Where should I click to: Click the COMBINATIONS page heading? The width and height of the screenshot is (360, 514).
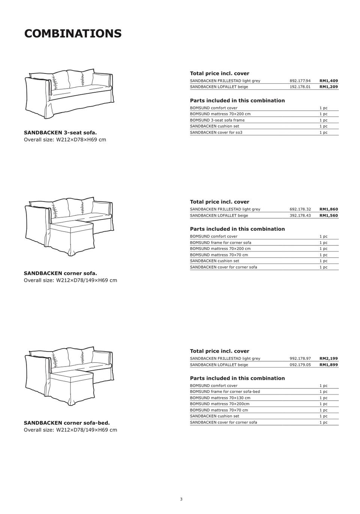(73, 33)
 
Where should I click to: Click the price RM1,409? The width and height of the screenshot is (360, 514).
(328, 81)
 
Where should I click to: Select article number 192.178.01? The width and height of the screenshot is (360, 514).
(300, 87)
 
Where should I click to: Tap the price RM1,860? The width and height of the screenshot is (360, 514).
(328, 209)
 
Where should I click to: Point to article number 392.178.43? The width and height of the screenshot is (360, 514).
(300, 215)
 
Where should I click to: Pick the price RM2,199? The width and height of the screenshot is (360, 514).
(328, 359)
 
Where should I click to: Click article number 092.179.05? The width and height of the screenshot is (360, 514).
(300, 365)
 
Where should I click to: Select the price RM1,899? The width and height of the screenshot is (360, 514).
(328, 365)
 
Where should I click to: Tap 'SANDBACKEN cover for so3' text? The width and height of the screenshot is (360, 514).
(216, 132)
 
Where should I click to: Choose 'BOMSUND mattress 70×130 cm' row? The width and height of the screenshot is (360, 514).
(220, 398)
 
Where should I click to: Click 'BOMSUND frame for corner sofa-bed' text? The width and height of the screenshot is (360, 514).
(225, 392)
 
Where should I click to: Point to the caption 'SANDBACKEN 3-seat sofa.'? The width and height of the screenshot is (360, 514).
(60, 132)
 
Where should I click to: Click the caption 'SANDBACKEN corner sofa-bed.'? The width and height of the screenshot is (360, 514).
(67, 423)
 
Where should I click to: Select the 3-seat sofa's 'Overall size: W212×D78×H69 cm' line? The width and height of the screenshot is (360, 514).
(65, 140)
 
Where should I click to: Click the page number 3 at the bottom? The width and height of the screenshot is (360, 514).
(181, 499)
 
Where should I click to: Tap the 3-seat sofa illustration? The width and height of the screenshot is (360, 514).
(69, 94)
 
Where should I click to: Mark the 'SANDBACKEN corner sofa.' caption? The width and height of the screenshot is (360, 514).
(60, 273)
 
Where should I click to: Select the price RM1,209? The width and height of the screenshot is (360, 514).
(328, 87)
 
